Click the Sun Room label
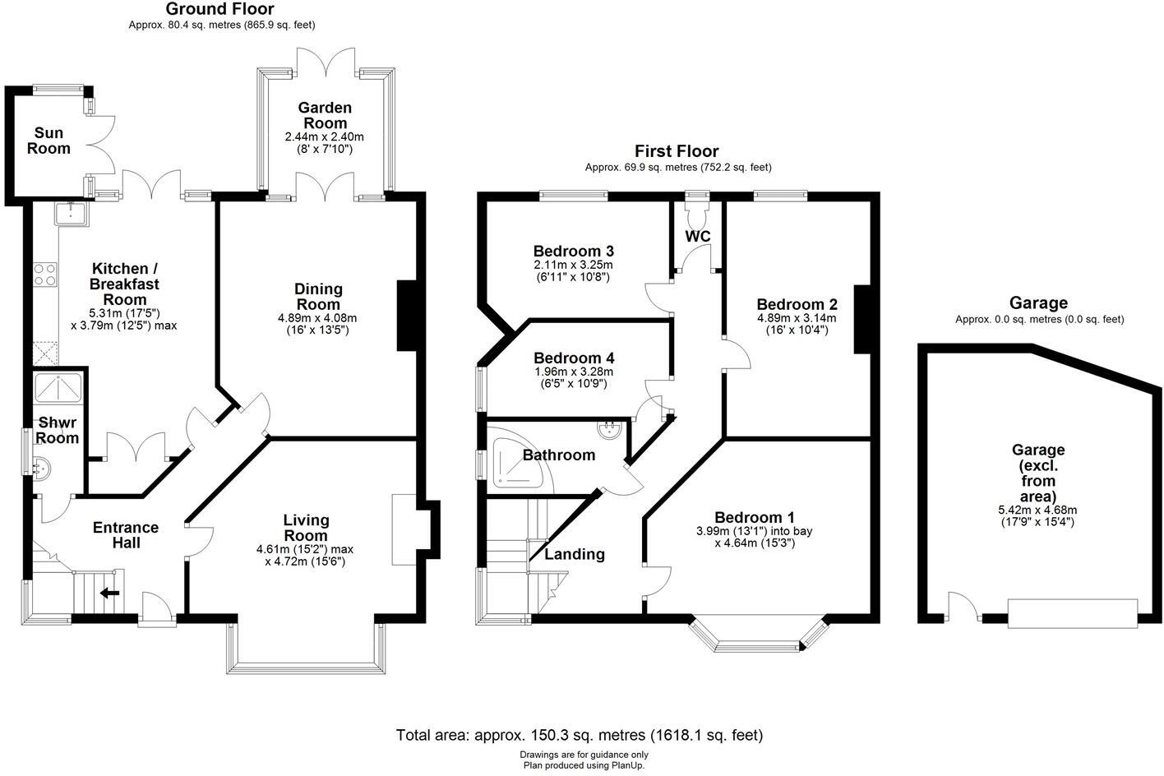click(48, 141)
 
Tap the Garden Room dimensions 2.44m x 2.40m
click(324, 136)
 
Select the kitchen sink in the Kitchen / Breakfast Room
click(72, 214)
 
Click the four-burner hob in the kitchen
click(44, 274)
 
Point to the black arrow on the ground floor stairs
click(109, 592)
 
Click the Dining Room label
click(318, 296)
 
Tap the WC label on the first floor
click(698, 237)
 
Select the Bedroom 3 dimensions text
click(573, 271)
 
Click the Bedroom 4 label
click(573, 358)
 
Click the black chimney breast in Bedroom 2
click(861, 319)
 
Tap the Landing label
click(575, 554)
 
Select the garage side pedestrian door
click(962, 608)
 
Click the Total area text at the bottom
click(580, 735)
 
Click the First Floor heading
click(677, 151)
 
